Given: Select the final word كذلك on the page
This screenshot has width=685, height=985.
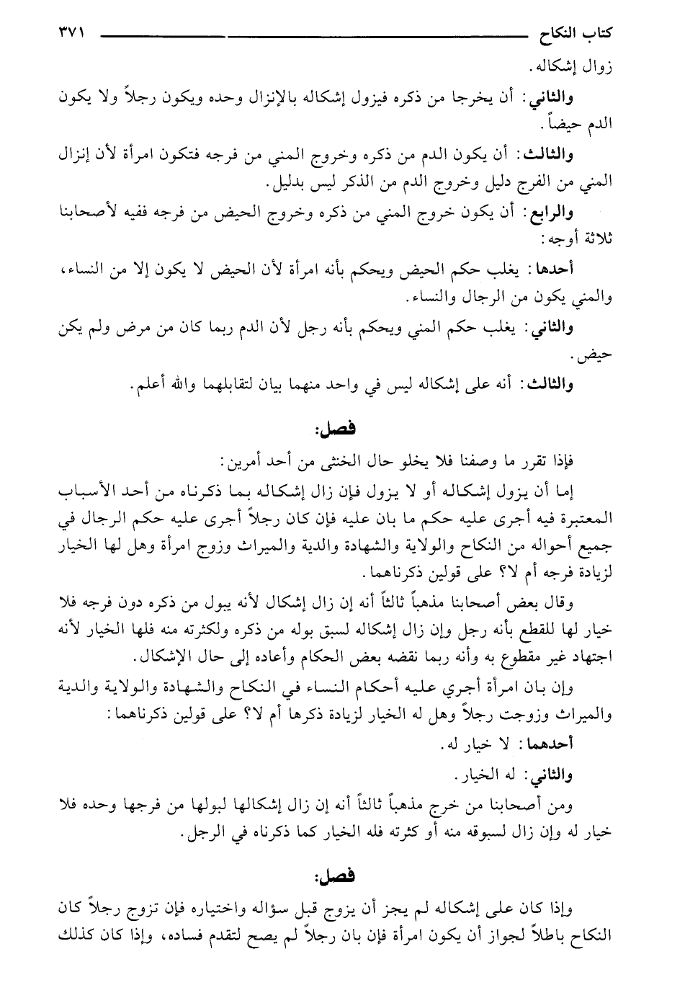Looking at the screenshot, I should [x=75, y=936].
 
